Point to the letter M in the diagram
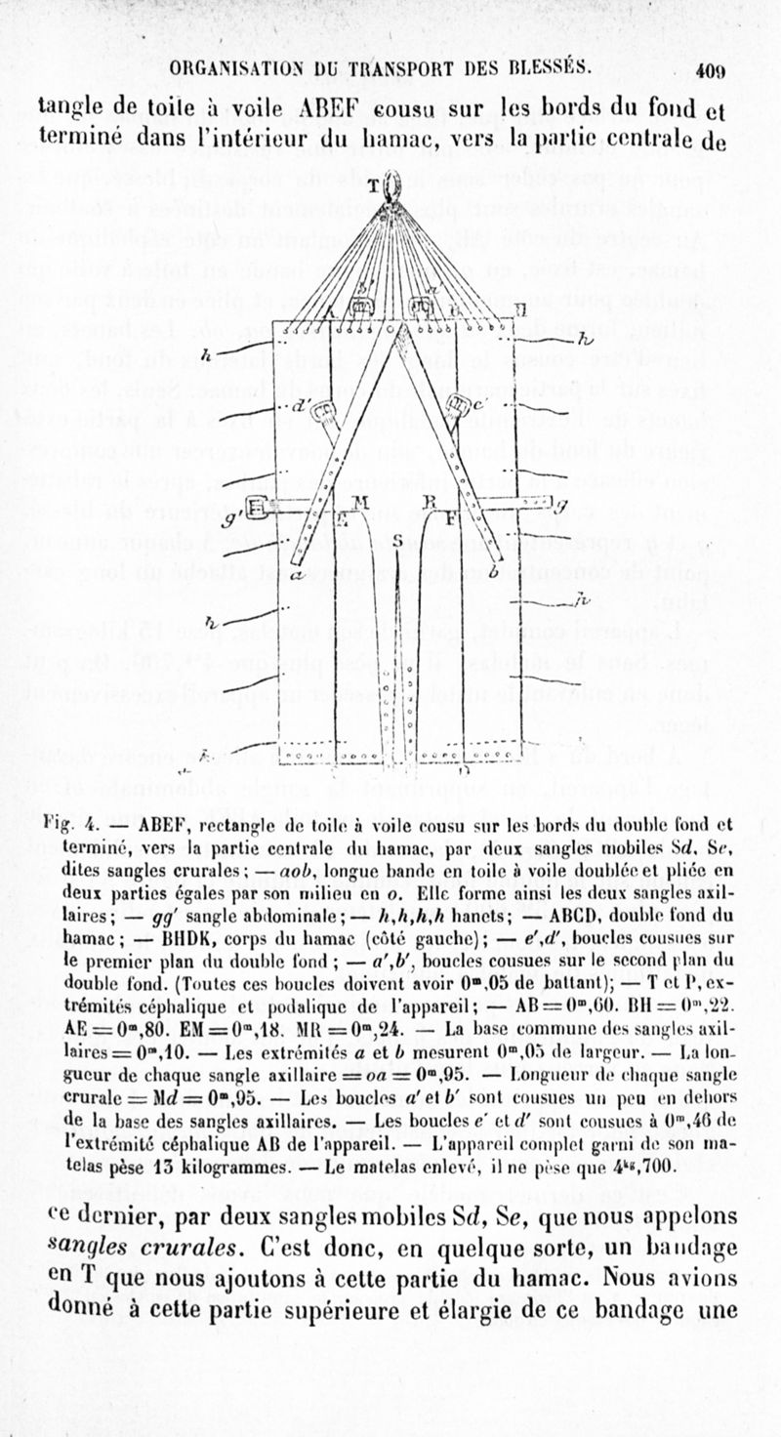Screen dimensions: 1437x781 pyautogui.click(x=359, y=502)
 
